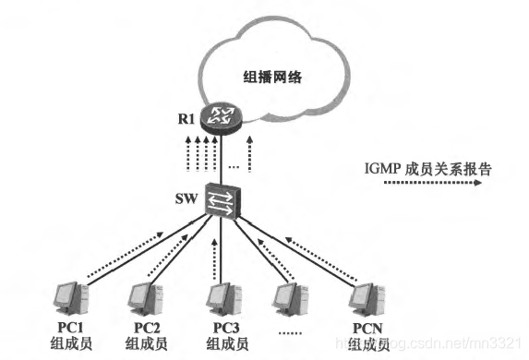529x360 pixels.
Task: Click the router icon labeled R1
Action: [221, 118]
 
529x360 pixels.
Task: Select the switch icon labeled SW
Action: [222, 201]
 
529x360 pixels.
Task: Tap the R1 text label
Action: [187, 117]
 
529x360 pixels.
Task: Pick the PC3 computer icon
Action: [222, 300]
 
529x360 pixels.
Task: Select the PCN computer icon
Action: [368, 300]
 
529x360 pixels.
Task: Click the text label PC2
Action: [144, 329]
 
